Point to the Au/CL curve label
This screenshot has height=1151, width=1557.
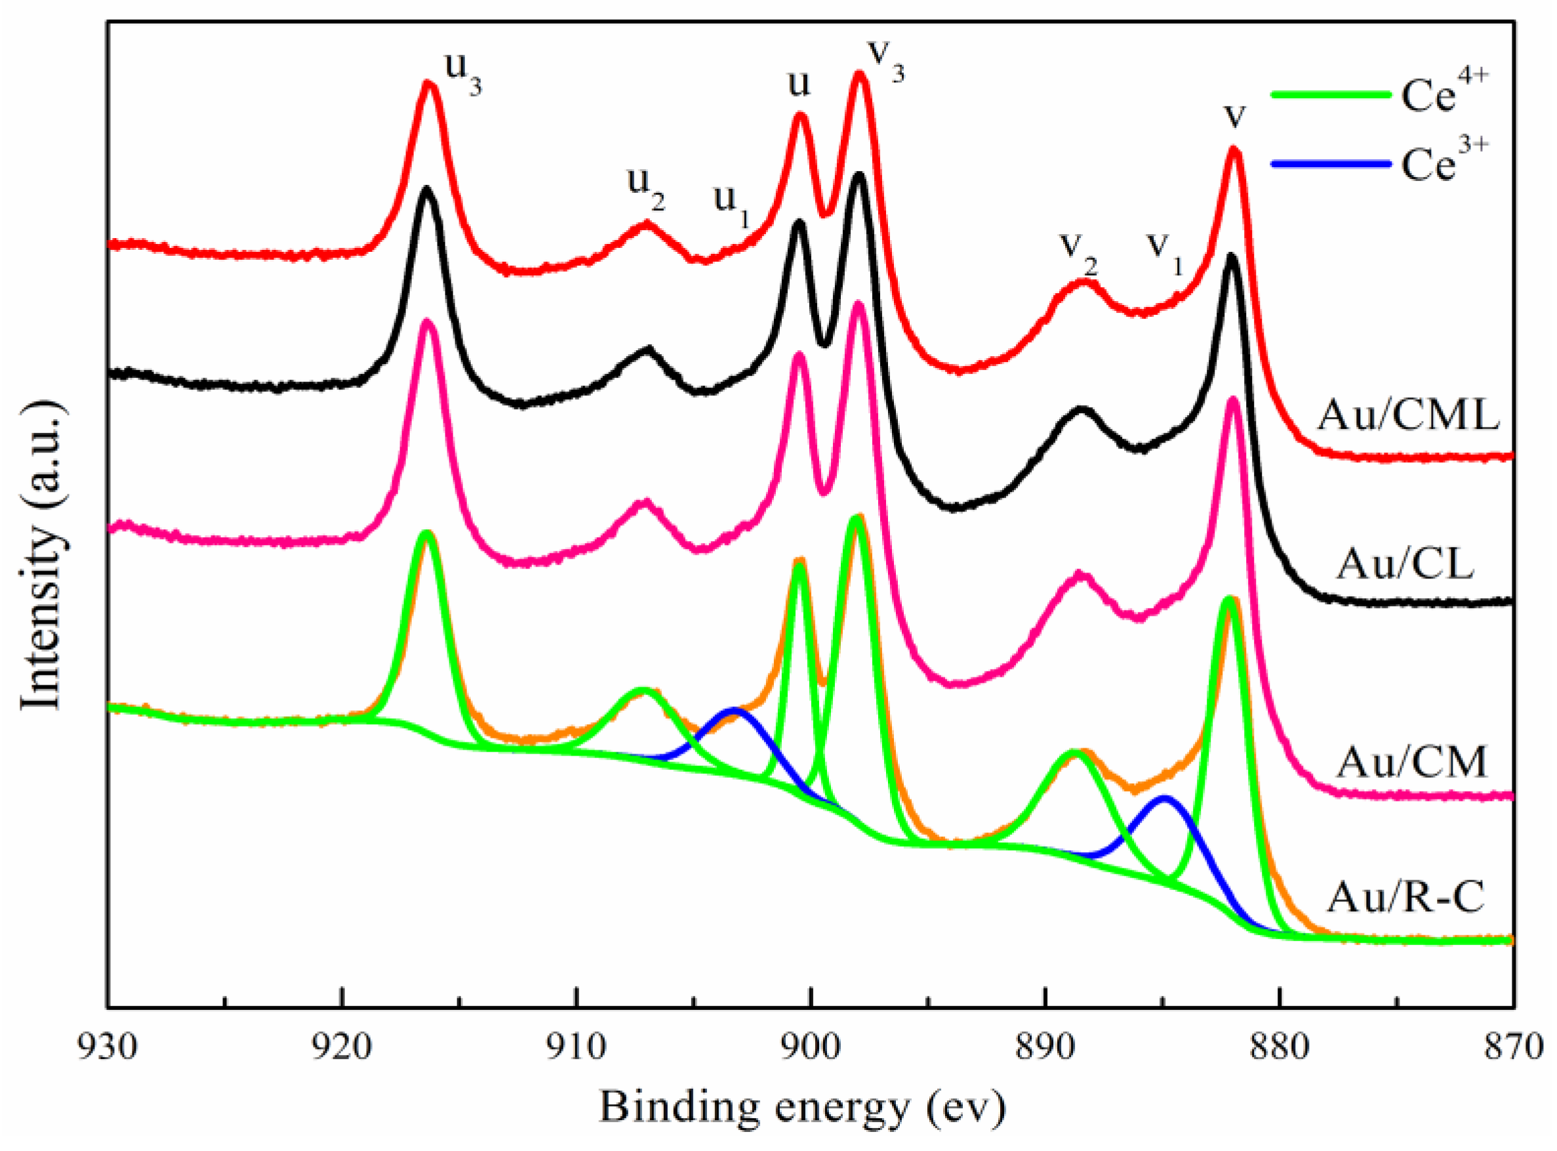pos(1404,565)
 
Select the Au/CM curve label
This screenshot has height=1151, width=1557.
pos(1411,761)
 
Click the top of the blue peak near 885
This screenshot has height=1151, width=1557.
pos(1164,796)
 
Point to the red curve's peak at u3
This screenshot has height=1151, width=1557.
pos(428,83)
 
